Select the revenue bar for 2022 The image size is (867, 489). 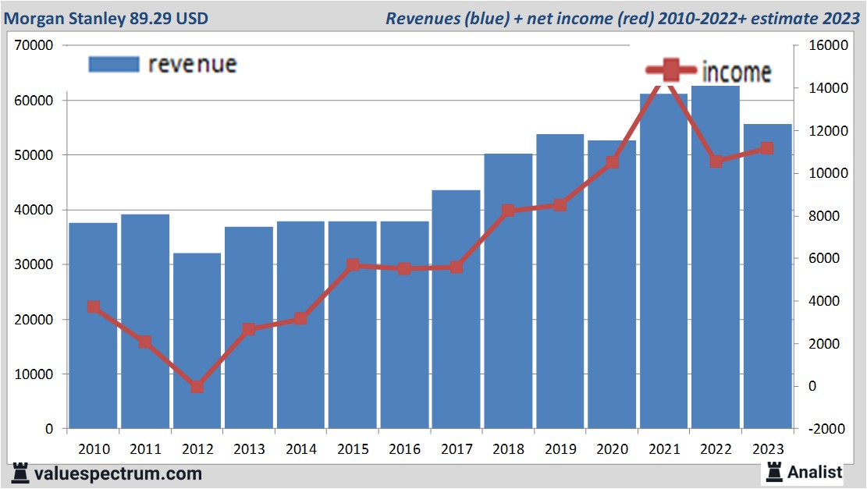click(x=716, y=257)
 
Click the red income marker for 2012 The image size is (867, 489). click(x=197, y=387)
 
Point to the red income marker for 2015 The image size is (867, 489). click(x=353, y=265)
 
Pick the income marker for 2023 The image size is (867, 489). click(x=767, y=148)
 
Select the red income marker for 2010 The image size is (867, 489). click(x=94, y=307)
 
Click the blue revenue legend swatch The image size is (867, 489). click(x=114, y=64)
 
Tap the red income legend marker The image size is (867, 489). click(x=670, y=71)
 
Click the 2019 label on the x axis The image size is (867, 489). click(x=560, y=449)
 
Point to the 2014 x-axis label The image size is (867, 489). click(x=300, y=449)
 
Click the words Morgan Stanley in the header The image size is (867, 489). click(x=64, y=17)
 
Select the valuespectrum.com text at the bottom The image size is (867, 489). click(x=116, y=473)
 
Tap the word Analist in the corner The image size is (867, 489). click(x=815, y=472)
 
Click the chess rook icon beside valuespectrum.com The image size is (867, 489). click(x=20, y=473)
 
